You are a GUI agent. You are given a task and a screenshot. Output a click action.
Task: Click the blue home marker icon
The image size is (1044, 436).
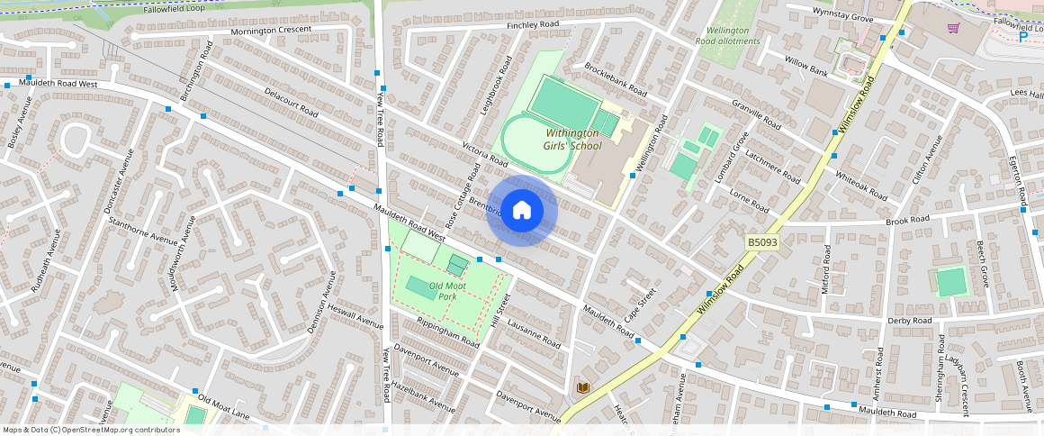click(522, 211)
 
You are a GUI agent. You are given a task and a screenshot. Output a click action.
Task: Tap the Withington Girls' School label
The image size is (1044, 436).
click(572, 139)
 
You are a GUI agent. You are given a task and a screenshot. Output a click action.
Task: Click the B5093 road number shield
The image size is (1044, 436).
click(761, 242)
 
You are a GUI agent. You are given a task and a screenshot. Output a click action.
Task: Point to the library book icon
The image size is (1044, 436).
click(582, 387)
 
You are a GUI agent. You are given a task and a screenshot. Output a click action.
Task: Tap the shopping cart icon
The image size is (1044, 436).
click(953, 28)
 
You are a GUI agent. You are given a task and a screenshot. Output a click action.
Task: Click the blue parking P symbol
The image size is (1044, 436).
click(1022, 212)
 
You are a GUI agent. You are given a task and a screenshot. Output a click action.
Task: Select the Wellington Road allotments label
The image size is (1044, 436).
click(728, 36)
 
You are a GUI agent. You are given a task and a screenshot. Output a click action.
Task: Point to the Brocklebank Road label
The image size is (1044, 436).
click(616, 79)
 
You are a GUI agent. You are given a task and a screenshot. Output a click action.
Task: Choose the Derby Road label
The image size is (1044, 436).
click(909, 321)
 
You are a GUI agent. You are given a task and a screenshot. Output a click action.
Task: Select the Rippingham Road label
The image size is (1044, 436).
click(447, 333)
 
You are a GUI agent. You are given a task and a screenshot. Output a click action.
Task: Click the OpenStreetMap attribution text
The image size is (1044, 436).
click(90, 430)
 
